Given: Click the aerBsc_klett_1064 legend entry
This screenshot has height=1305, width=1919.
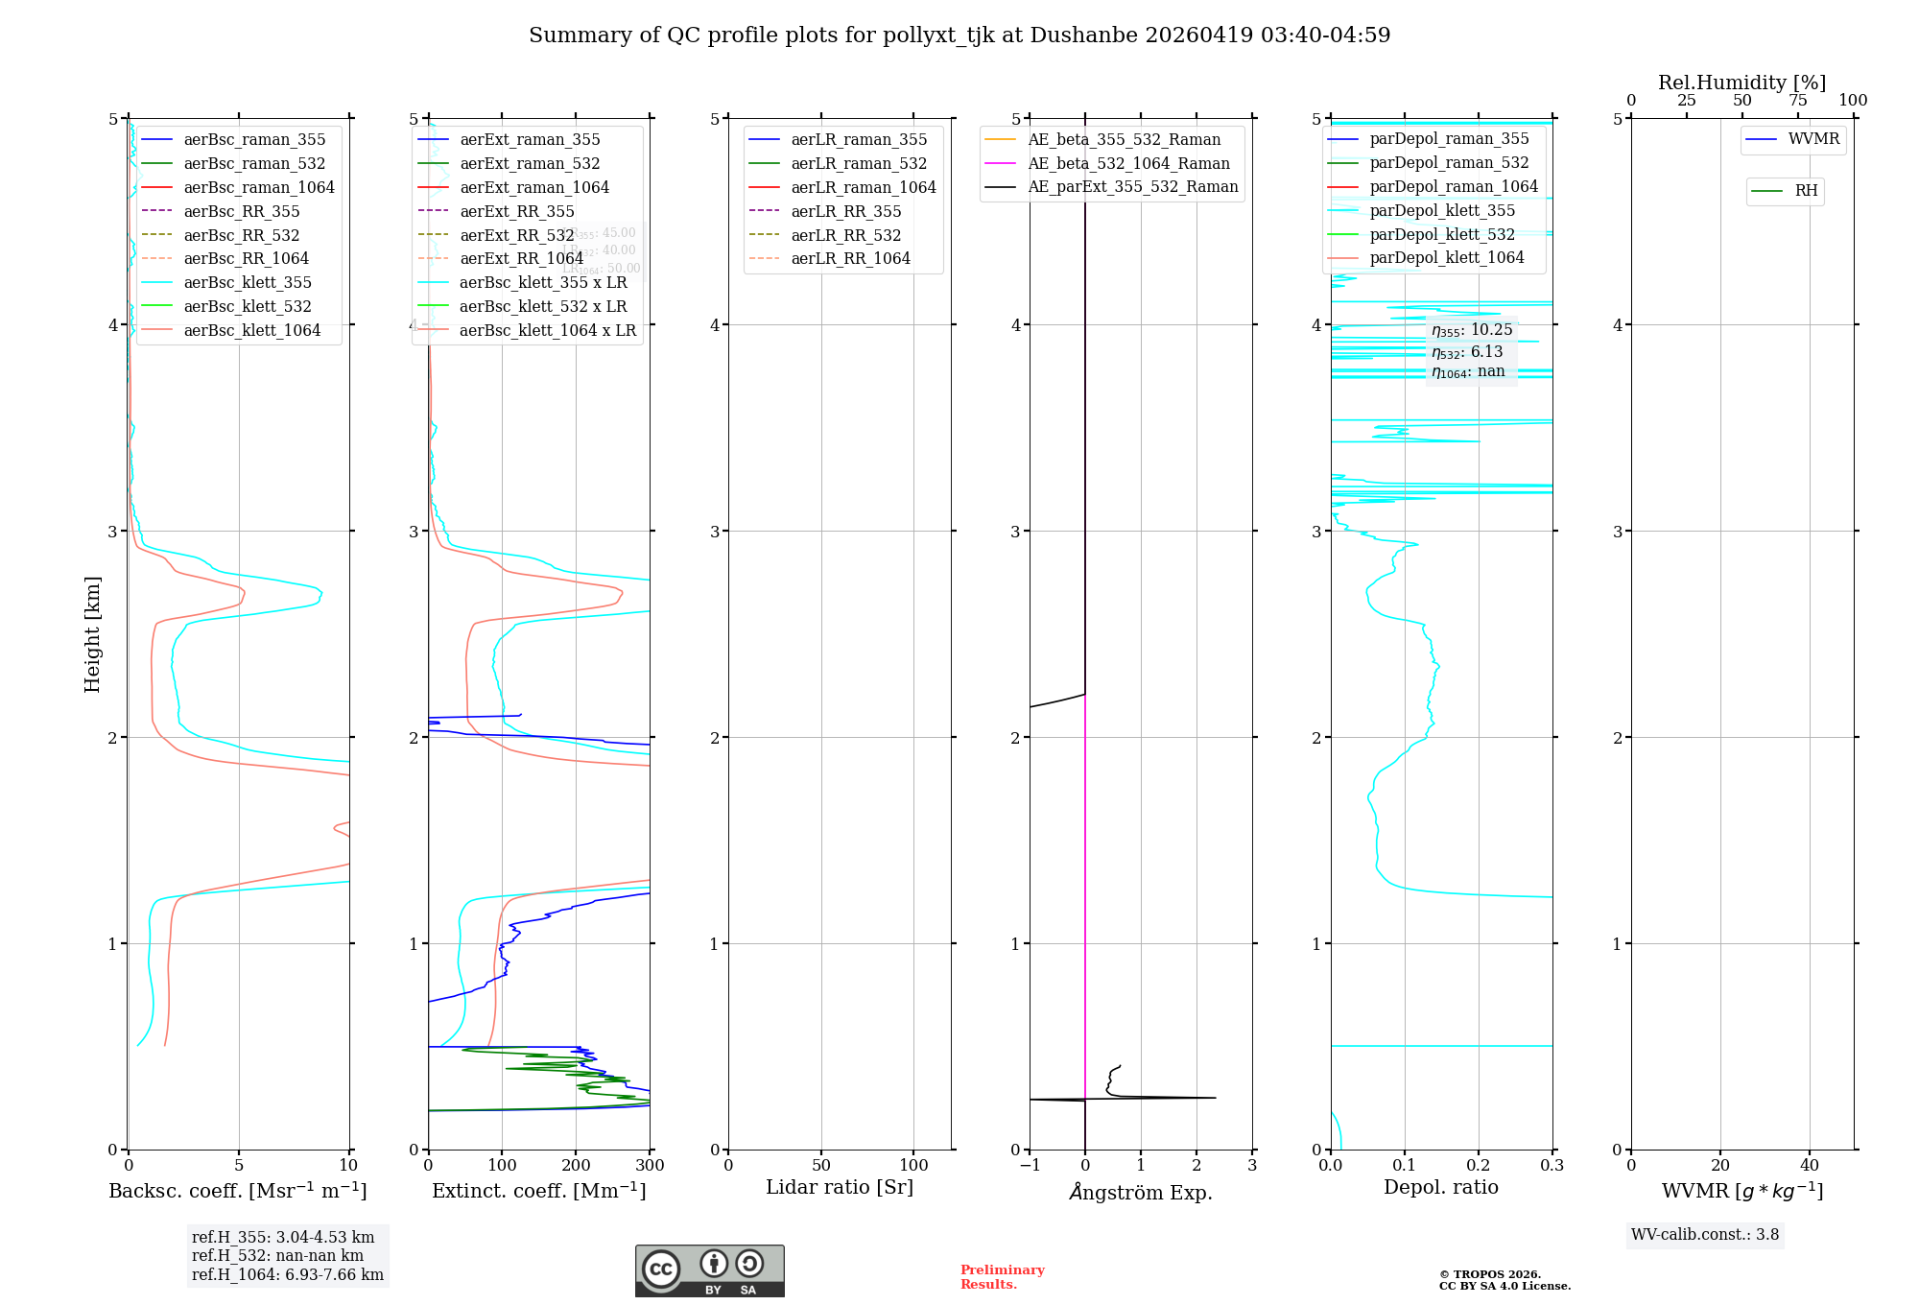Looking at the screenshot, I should [x=251, y=330].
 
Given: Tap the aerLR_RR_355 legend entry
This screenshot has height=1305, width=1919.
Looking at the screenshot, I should [x=845, y=211].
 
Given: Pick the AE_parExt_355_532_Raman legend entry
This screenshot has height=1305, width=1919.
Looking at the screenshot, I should [x=1132, y=186].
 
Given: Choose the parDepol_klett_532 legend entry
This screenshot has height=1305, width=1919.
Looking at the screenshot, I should [x=1441, y=234].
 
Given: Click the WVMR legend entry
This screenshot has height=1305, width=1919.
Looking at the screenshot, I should [x=1813, y=139].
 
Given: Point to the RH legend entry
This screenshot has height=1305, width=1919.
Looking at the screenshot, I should [x=1806, y=191].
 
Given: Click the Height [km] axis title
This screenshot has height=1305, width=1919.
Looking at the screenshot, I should [x=92, y=634].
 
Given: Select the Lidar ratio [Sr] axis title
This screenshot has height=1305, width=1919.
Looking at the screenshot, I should [x=840, y=1187].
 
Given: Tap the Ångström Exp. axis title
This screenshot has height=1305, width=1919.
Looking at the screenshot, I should [x=1140, y=1192].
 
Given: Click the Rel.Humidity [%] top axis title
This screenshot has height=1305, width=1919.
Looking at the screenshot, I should [x=1741, y=83].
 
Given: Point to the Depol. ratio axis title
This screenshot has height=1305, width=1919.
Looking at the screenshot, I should [x=1440, y=1187].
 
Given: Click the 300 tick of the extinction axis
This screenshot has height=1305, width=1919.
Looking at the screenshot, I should [x=650, y=1165].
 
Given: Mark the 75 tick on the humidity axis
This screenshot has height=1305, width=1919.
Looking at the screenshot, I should [x=1797, y=100].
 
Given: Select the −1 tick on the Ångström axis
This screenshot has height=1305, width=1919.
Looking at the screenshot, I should [x=1030, y=1165].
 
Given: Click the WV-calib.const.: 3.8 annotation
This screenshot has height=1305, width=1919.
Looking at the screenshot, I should [x=1704, y=1235].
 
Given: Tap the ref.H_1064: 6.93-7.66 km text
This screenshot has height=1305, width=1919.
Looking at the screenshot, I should [x=287, y=1274].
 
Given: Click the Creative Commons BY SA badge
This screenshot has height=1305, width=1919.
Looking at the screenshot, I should [x=709, y=1270].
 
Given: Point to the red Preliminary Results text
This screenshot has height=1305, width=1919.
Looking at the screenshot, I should [x=1002, y=1276].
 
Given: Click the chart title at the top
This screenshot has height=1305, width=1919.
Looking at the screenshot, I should [x=959, y=36].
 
